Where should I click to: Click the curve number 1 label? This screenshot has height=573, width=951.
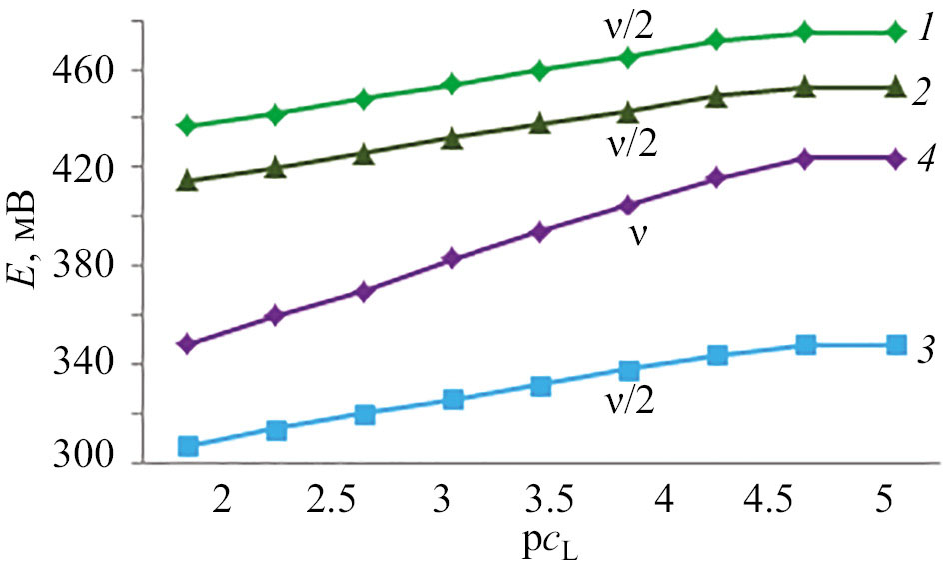pos(926,33)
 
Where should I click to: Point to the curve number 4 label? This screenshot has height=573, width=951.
pos(926,158)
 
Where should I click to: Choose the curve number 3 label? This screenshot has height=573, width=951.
pos(926,347)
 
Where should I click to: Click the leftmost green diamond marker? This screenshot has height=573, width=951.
pos(187,126)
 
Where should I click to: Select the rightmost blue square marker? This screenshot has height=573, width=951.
pos(896,345)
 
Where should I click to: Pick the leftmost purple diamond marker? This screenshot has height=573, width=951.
pos(187,344)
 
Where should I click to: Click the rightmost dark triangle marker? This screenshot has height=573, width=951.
pos(896,88)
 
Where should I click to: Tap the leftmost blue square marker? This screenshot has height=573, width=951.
pos(187,446)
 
